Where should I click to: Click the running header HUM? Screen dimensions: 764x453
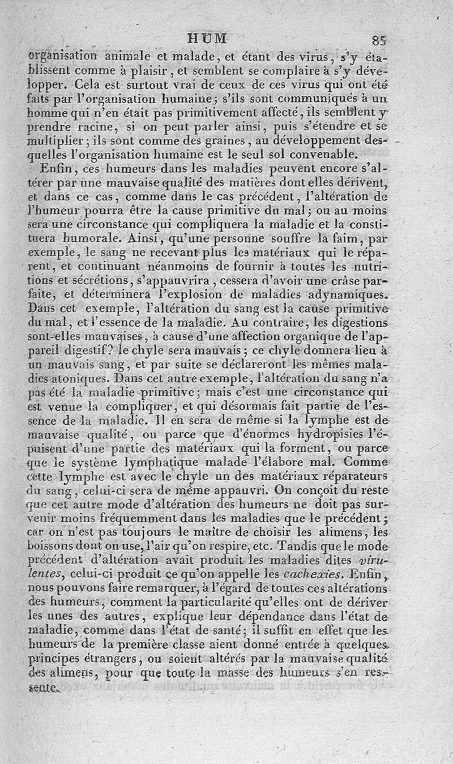(x=208, y=39)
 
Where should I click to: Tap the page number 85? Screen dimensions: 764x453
(x=379, y=40)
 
